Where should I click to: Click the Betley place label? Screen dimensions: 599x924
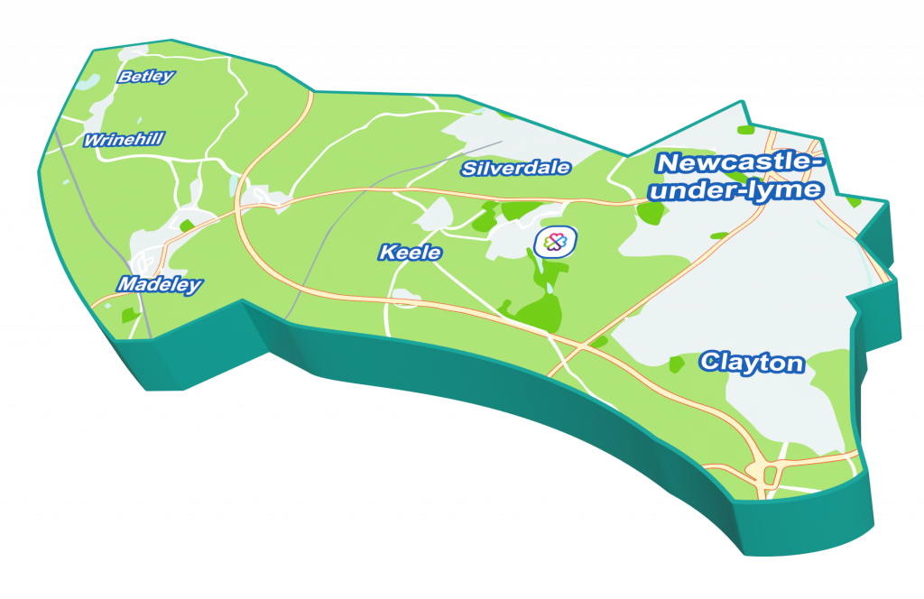pos(145,77)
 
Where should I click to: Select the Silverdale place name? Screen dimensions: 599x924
pos(515,168)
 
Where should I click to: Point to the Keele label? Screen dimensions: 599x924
pos(410,253)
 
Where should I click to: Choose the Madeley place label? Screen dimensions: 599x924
pos(159,284)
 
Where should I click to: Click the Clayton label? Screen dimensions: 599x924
pos(752,363)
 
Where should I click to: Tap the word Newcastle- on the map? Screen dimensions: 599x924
pos(740,163)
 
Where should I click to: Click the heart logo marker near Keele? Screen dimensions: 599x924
pos(555,242)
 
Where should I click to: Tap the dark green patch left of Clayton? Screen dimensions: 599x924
pos(676,364)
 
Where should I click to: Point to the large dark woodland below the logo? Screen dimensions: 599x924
pos(538,312)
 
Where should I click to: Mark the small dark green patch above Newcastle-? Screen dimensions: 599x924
pos(745,130)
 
